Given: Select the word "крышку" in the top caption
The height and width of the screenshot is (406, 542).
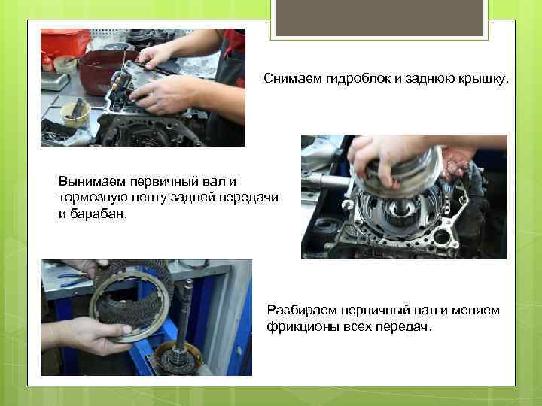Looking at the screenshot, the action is [x=484, y=79].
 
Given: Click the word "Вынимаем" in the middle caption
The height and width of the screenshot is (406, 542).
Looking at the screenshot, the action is [x=92, y=181].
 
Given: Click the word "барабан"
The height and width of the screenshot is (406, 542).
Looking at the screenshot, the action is [x=99, y=214].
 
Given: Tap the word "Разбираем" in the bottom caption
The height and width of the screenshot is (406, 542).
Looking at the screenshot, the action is [x=302, y=310].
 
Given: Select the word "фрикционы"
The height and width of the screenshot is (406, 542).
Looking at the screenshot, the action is [x=303, y=326].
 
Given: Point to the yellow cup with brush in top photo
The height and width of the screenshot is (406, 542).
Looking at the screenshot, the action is [x=76, y=113].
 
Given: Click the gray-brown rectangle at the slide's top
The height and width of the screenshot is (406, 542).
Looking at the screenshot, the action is [x=379, y=17].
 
